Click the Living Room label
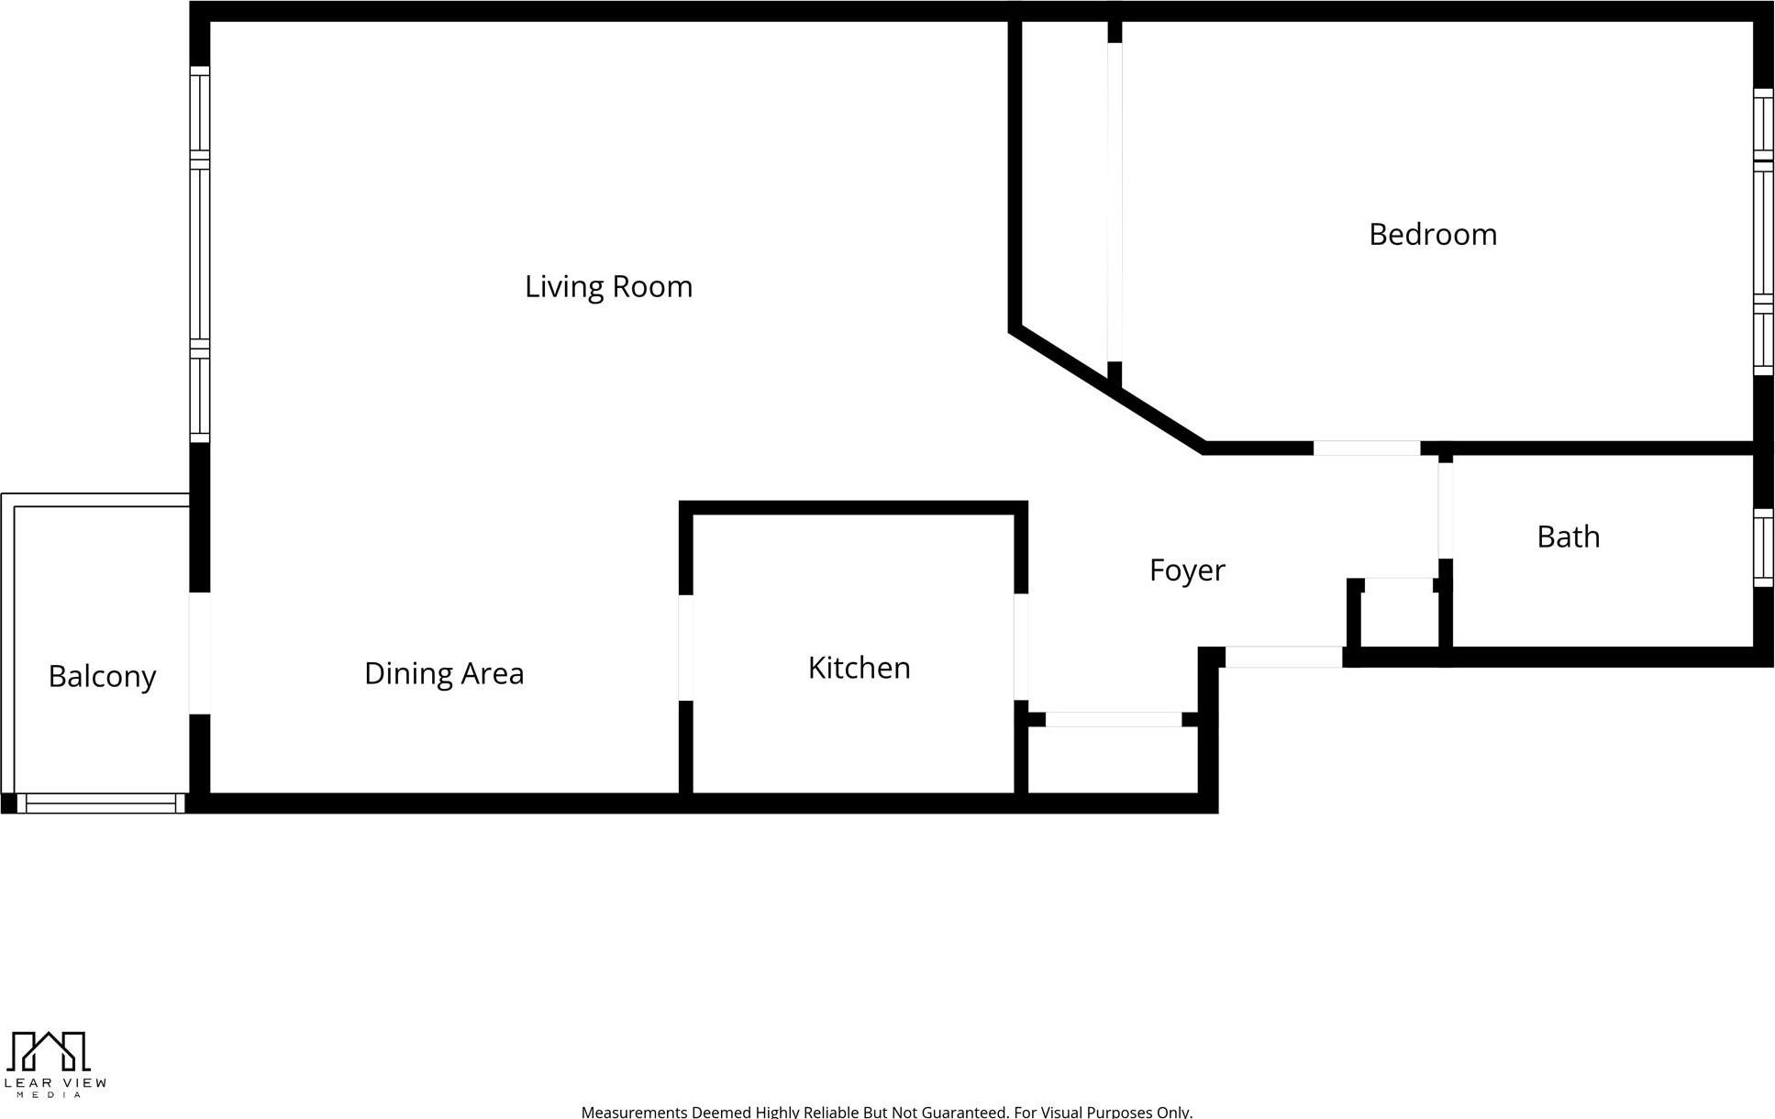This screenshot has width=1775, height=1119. tap(608, 287)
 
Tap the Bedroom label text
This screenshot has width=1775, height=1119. tap(1432, 235)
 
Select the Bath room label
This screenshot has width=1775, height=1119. tap(1568, 537)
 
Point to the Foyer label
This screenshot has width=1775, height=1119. tap(1186, 571)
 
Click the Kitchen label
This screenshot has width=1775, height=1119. tap(859, 668)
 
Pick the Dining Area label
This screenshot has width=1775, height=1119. tap(444, 674)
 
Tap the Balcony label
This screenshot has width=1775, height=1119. tap(102, 677)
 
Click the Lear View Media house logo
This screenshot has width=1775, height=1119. tap(48, 1051)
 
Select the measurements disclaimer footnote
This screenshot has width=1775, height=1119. tap(886, 1112)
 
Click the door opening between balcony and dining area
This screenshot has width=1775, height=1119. tap(200, 653)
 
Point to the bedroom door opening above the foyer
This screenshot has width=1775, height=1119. tap(1366, 449)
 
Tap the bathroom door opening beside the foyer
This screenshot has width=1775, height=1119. tap(1445, 510)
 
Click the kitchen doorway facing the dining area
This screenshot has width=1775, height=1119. tap(685, 648)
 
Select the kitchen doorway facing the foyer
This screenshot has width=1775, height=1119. tap(1020, 648)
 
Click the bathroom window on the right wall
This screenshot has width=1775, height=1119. tap(1762, 548)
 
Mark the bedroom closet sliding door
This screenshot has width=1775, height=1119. tap(1115, 202)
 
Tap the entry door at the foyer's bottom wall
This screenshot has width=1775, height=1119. tap(1283, 657)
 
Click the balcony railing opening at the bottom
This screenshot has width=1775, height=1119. tap(101, 804)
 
